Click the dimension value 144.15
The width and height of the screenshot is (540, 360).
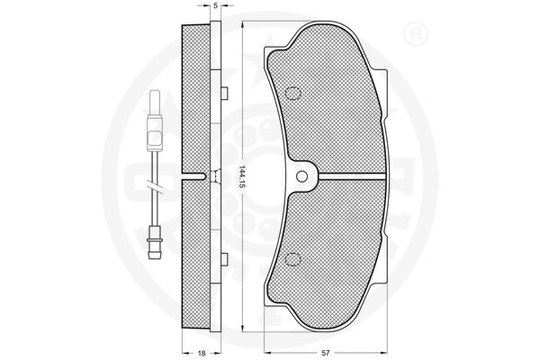(x=242, y=176)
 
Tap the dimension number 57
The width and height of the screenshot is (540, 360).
(x=326, y=353)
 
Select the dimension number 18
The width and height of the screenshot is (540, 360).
(x=202, y=353)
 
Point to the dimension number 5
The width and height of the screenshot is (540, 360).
(x=215, y=5)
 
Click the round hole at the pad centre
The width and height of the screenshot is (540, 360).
(x=301, y=176)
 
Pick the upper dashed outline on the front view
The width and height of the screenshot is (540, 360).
(x=293, y=94)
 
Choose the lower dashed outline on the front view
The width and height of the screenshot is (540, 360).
(x=293, y=258)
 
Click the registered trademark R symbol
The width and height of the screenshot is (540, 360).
(x=415, y=34)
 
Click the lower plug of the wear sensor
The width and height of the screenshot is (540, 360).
(x=154, y=244)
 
